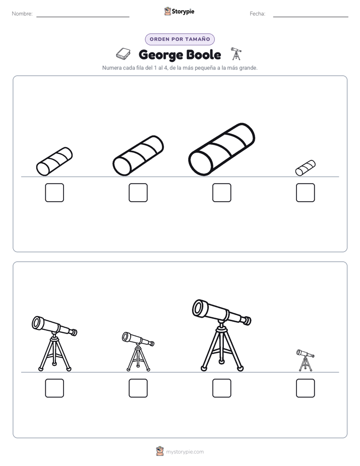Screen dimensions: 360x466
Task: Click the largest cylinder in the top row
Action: [x=221, y=149]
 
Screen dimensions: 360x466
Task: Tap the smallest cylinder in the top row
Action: [x=306, y=168]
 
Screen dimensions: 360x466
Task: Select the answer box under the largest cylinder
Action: [x=221, y=193]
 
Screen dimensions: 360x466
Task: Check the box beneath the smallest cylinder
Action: [x=306, y=193]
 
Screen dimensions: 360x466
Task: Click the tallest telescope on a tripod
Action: [x=221, y=335]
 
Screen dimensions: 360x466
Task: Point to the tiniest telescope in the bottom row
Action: [x=306, y=360]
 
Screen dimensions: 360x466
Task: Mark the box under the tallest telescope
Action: [x=221, y=388]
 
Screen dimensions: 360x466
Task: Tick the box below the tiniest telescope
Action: [x=306, y=388]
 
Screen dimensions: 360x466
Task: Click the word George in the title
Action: [x=161, y=55]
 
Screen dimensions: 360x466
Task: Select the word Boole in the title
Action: [x=204, y=54]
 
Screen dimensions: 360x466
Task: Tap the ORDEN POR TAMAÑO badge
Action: [x=179, y=39]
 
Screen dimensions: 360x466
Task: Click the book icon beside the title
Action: [x=123, y=54]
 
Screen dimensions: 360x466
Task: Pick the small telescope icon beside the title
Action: [x=236, y=54]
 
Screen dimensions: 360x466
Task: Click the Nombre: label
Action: [x=22, y=14]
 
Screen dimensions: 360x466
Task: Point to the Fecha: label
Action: [x=257, y=14]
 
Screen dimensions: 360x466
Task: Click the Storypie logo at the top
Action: [x=179, y=11]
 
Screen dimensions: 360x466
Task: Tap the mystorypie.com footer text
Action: [x=185, y=452]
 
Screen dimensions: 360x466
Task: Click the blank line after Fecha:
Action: [x=311, y=17]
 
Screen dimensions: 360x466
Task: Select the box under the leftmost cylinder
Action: [x=54, y=193]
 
